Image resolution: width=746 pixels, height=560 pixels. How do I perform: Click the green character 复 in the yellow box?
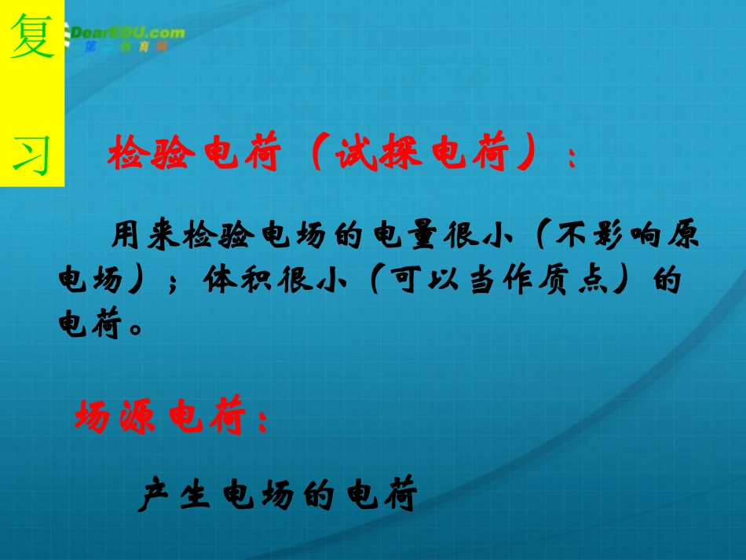point(32,40)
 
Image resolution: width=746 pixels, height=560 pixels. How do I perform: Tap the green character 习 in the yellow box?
point(32,154)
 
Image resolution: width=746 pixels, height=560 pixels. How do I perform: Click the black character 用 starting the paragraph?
point(127,235)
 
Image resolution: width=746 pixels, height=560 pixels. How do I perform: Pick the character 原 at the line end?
point(683,235)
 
